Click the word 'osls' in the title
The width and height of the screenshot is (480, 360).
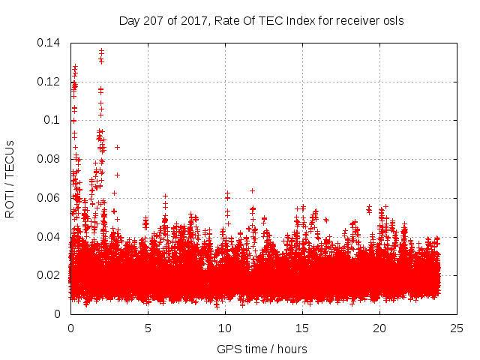(x=392, y=20)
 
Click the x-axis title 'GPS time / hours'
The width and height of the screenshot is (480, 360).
(x=262, y=349)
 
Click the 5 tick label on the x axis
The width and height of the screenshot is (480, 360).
(x=148, y=328)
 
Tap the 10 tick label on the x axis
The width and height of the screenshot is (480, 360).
(x=225, y=328)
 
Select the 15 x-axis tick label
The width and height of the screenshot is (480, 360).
(x=302, y=328)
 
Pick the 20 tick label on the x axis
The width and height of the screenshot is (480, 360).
(x=379, y=328)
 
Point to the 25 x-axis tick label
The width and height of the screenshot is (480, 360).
(x=457, y=328)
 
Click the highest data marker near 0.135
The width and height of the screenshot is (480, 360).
(x=101, y=51)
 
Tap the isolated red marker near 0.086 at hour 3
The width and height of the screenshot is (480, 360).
(x=117, y=147)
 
